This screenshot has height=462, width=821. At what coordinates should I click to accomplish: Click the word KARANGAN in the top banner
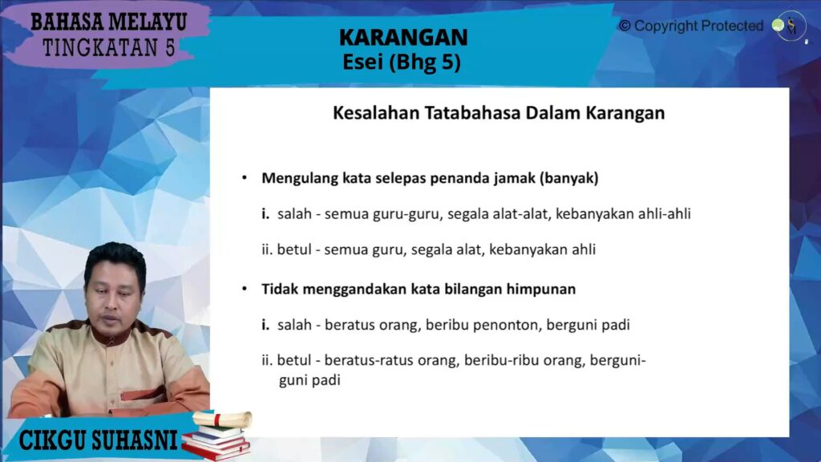[403, 37]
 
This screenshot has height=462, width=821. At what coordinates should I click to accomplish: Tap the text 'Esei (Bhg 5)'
[402, 62]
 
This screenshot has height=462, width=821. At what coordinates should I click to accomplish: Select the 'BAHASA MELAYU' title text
[109, 22]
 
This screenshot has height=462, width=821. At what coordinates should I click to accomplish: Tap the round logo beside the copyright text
[787, 26]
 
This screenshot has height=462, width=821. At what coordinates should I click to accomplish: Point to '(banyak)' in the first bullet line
[569, 179]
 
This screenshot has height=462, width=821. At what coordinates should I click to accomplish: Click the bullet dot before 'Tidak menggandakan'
[245, 289]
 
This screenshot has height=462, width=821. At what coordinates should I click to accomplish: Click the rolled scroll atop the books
[223, 419]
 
